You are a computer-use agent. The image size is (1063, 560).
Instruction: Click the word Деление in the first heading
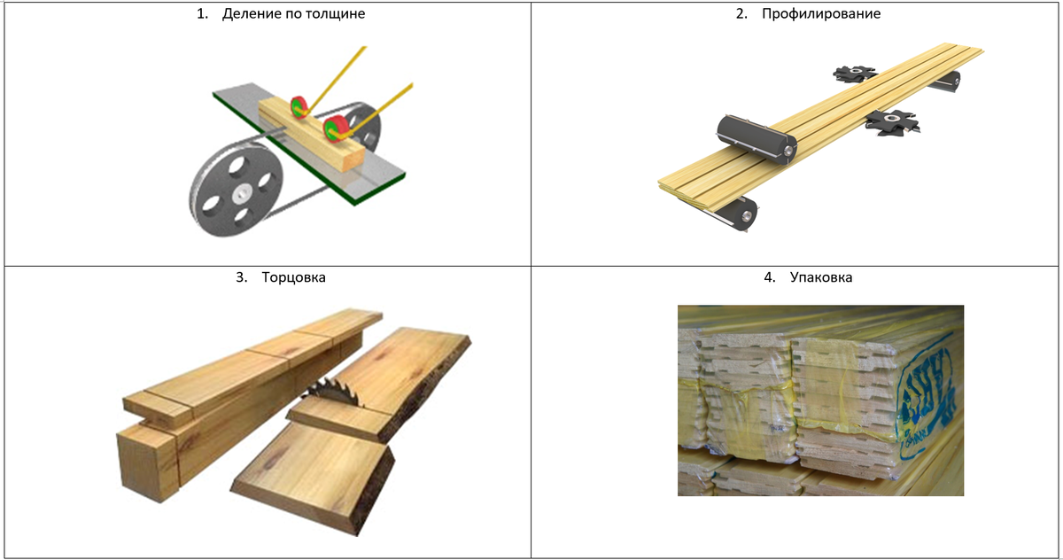point(251,13)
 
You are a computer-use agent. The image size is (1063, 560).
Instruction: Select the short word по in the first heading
point(292,14)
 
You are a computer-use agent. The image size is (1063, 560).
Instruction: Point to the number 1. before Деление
point(203,14)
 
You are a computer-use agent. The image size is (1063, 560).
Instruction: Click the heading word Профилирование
point(821,14)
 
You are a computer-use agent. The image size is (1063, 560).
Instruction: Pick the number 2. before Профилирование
point(741,14)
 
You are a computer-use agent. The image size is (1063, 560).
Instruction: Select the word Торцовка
point(294,277)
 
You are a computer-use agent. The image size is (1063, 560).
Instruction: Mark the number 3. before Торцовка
point(242,277)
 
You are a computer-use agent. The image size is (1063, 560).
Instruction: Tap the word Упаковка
point(821,277)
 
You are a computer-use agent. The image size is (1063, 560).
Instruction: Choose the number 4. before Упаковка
point(770,277)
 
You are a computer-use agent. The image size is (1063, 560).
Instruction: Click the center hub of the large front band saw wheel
point(243,194)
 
